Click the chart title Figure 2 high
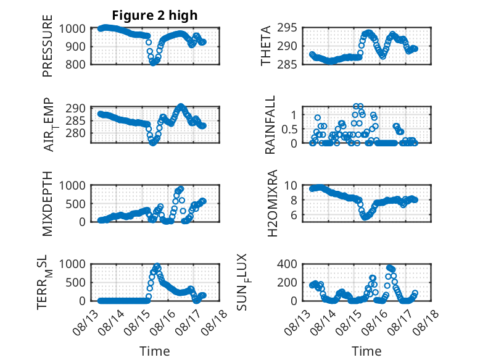pyautogui.click(x=155, y=15)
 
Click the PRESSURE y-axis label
pyautogui.click(x=48, y=46)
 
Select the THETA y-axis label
pyautogui.click(x=266, y=46)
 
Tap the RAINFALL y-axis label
pyautogui.click(x=270, y=124)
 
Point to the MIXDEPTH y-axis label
pyautogui.click(x=48, y=203)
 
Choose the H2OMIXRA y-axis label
pyautogui.click(x=272, y=203)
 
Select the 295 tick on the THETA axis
pyautogui.click(x=287, y=28)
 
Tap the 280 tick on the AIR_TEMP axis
pyautogui.click(x=75, y=133)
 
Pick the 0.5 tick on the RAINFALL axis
pyautogui.click(x=289, y=129)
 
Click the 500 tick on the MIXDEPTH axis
pyautogui.click(x=75, y=204)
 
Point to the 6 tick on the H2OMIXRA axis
pyautogui.click(x=294, y=216)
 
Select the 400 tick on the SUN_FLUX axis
pyautogui.click(x=287, y=264)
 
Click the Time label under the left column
pyautogui.click(x=155, y=351)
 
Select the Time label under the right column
pyautogui.click(x=366, y=351)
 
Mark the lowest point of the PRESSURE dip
pyautogui.click(x=153, y=63)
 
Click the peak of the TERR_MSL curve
pyautogui.click(x=157, y=266)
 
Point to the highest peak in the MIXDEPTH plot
pyautogui.click(x=181, y=188)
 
